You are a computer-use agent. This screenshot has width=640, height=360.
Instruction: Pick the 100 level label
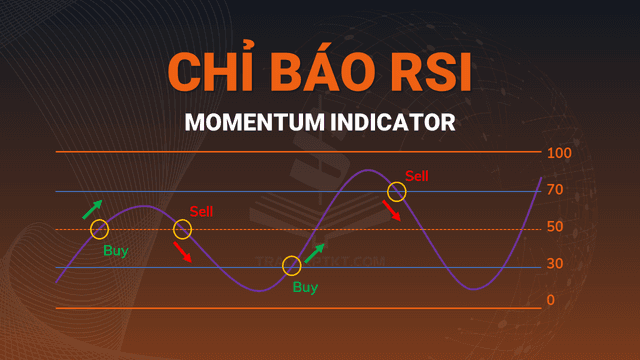click(558, 153)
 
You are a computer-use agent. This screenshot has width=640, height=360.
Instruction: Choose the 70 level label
click(555, 190)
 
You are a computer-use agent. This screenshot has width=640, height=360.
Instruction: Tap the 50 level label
click(555, 227)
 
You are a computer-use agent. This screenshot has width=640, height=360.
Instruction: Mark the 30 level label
click(555, 264)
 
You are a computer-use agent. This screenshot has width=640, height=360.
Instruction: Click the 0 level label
click(551, 300)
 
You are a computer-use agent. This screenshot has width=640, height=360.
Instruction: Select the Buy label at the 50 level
click(116, 251)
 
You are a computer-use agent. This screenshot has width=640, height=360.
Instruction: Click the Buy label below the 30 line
click(305, 288)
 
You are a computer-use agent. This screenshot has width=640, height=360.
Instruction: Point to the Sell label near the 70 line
click(416, 176)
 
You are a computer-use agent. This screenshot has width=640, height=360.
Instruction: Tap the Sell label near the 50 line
click(201, 211)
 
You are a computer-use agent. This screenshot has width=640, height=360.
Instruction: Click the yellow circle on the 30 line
click(291, 265)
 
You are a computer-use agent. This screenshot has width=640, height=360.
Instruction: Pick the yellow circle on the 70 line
click(397, 191)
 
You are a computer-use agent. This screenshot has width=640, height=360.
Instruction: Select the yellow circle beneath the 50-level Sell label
click(182, 229)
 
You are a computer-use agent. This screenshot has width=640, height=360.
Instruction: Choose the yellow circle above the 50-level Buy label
click(99, 229)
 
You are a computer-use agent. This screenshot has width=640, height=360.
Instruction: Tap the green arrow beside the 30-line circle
click(315, 251)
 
